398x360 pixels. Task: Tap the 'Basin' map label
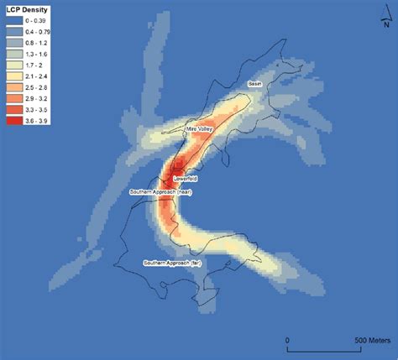tap(255, 84)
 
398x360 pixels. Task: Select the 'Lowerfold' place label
tap(184, 179)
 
